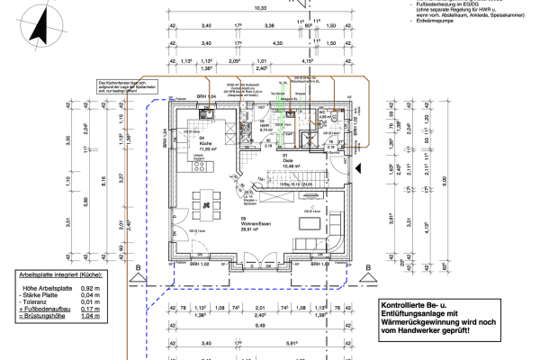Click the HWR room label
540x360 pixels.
(265, 126)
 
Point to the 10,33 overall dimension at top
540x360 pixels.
(260, 7)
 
